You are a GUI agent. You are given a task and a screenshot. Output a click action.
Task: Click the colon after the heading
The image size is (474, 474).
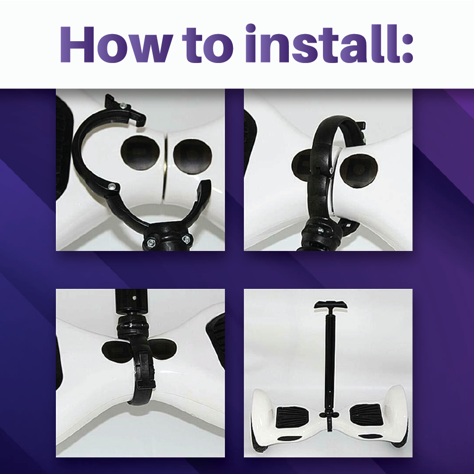coord(408,48)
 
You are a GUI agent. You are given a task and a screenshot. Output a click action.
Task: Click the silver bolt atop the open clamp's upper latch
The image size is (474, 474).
coord(123,105)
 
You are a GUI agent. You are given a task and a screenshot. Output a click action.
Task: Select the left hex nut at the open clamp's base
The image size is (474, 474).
coord(150,242)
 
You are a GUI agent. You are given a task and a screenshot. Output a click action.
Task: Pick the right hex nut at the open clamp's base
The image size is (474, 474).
coord(186,240)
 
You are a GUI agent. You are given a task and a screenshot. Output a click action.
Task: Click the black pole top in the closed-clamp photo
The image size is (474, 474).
coord(132,302)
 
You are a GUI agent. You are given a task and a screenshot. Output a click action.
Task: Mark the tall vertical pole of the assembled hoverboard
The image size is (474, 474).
coord(330,363)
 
